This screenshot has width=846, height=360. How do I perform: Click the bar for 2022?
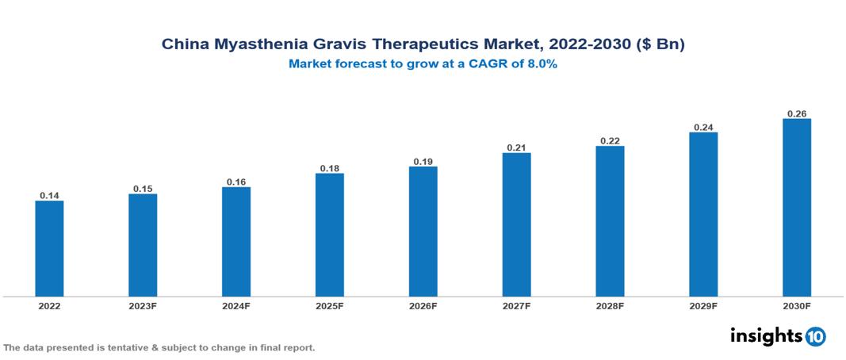(x=49, y=248)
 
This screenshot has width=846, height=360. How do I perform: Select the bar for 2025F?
(x=330, y=235)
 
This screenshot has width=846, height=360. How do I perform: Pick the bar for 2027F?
(x=516, y=224)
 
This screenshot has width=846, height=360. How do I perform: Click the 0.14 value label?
(x=49, y=195)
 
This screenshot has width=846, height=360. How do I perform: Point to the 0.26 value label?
(x=797, y=113)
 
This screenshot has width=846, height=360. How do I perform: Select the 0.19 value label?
(x=423, y=161)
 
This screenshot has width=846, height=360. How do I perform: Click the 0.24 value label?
(x=703, y=127)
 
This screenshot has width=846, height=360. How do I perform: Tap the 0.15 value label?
(x=143, y=189)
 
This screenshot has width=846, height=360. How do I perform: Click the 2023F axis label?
(x=143, y=306)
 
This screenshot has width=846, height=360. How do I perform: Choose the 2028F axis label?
(x=610, y=306)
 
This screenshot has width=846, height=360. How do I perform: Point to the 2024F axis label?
(x=236, y=306)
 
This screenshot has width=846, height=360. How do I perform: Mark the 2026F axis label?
(x=423, y=306)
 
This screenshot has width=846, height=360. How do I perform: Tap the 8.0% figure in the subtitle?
(x=540, y=64)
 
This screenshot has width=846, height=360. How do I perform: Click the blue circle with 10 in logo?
(x=815, y=337)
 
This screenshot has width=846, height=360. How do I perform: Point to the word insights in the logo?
(x=766, y=335)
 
